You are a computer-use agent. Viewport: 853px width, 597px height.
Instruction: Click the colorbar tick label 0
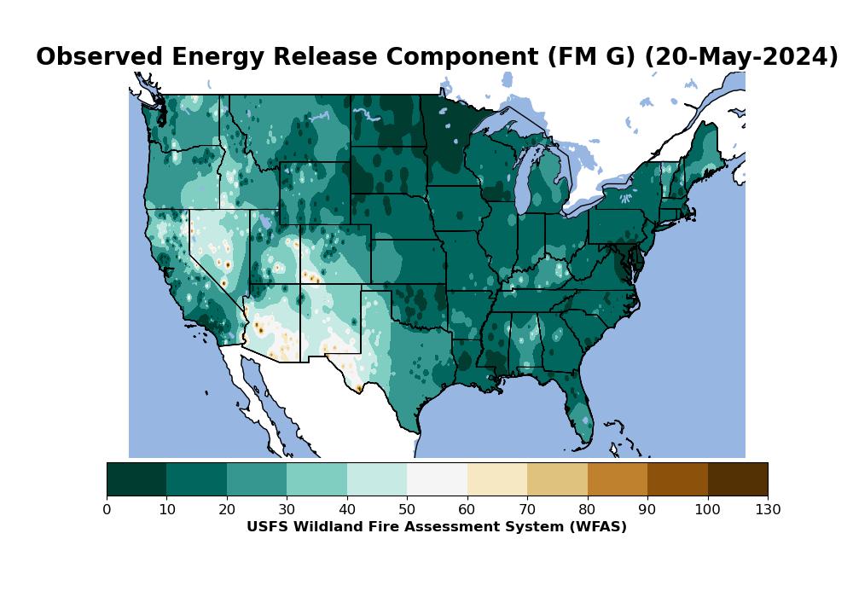[107, 510]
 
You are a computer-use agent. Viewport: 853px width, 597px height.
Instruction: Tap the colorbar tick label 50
[407, 510]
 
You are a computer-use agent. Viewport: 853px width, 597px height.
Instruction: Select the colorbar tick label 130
[768, 510]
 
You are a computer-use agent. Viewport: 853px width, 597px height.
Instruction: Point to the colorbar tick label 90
[647, 510]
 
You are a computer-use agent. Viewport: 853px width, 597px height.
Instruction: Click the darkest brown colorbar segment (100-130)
[738, 479]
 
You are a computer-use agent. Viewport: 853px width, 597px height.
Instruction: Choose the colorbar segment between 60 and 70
[497, 479]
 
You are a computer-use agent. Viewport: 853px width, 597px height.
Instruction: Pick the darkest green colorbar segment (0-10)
[136, 479]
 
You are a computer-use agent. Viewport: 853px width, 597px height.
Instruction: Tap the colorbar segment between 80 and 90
[618, 479]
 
